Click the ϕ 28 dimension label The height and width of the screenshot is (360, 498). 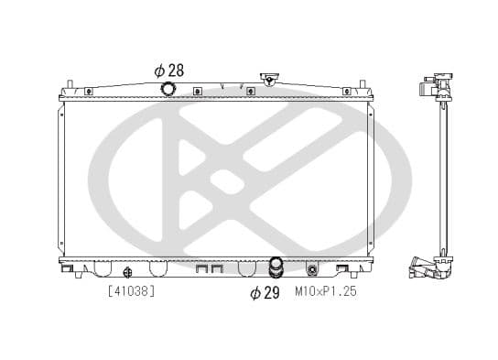[168, 71]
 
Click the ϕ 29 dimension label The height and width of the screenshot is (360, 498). [265, 292]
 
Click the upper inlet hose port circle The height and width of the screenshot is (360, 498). [168, 89]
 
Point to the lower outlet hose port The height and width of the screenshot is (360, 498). [275, 268]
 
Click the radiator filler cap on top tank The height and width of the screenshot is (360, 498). [268, 80]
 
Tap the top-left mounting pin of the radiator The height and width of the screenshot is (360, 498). [69, 85]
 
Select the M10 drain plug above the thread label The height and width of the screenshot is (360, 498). [313, 270]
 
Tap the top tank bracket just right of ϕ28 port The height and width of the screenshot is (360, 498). [197, 91]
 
